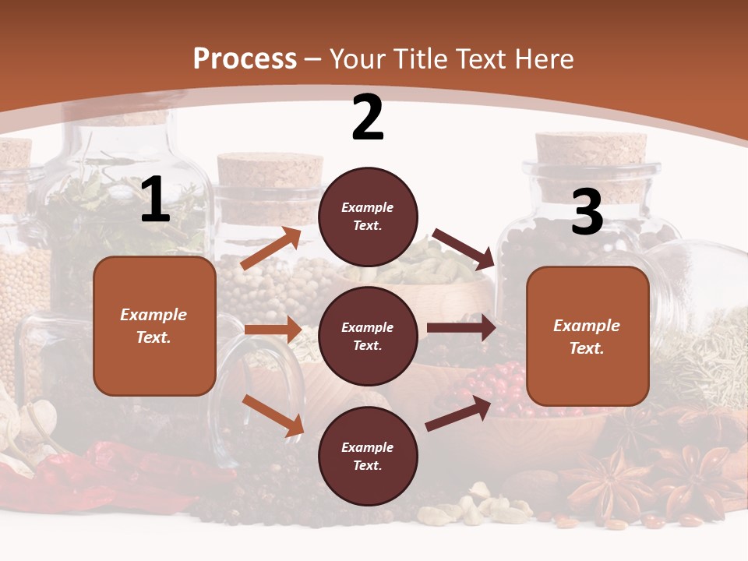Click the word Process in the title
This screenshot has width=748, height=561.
(x=245, y=59)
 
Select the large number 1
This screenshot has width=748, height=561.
(x=155, y=200)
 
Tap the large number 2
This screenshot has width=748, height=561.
(x=368, y=118)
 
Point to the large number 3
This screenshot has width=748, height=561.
(x=587, y=212)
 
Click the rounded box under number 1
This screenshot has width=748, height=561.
(x=154, y=326)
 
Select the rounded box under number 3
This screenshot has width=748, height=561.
(x=587, y=336)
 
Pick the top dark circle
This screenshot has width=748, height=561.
(x=368, y=217)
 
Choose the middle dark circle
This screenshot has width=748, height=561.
(x=368, y=336)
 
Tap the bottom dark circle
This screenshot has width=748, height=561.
(x=368, y=456)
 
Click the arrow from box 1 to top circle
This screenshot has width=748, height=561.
(x=271, y=249)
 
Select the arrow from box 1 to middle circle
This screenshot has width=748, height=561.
(x=273, y=330)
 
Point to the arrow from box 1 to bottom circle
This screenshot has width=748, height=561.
(x=273, y=415)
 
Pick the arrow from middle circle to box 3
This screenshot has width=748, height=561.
(x=461, y=327)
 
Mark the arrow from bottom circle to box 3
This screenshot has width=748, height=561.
(x=458, y=414)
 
